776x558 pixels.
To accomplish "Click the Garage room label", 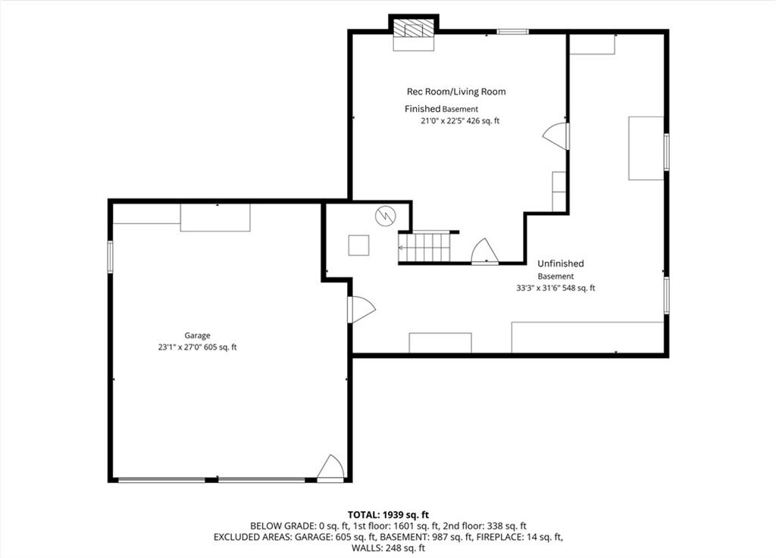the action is [198, 335].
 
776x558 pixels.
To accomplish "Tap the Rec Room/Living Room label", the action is [456, 92].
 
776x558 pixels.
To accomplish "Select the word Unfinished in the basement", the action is [561, 263].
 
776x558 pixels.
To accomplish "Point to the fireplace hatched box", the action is [414, 30].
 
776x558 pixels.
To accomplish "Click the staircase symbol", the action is [424, 248].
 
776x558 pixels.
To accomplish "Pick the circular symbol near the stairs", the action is [386, 216].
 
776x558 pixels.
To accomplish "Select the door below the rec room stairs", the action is [484, 251].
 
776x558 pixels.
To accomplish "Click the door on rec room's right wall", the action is [555, 136].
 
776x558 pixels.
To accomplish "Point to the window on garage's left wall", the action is [110, 257].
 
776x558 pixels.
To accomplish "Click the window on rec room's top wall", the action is [513, 32].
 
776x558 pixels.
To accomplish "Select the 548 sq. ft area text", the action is [578, 288].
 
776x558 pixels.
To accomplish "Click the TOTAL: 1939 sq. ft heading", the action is [388, 515].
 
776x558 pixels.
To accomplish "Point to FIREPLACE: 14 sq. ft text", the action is [519, 537].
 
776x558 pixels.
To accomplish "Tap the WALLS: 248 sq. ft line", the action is [388, 547].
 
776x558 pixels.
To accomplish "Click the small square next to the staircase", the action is [358, 245].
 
